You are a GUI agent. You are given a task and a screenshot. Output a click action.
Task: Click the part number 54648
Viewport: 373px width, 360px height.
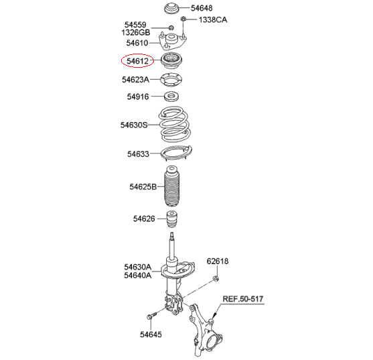click(202, 8)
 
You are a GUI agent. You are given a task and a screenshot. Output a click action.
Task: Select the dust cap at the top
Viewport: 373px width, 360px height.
click(171, 9)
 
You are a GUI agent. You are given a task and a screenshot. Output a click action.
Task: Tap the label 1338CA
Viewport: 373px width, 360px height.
click(213, 19)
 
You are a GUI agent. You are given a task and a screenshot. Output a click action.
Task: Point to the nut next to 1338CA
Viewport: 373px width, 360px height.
click(183, 18)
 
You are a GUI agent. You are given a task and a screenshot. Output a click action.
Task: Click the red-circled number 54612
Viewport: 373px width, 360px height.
click(137, 61)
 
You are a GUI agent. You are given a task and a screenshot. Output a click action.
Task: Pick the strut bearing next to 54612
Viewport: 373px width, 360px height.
click(171, 60)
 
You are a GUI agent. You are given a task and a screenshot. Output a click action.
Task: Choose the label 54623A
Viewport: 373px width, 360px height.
click(135, 79)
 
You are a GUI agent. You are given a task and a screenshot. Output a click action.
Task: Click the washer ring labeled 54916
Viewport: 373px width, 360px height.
click(171, 97)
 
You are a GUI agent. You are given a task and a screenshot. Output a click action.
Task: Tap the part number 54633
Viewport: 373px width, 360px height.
click(138, 154)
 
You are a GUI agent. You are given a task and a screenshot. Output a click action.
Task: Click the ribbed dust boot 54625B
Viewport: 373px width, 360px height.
click(171, 186)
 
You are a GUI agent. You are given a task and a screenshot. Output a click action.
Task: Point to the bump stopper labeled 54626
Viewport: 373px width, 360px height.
click(171, 219)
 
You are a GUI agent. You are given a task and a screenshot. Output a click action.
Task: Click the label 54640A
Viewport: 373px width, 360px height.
click(138, 276)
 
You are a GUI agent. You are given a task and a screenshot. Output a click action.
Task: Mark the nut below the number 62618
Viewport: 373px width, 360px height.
click(216, 278)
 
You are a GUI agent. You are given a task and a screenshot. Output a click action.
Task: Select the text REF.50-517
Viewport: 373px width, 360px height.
click(243, 299)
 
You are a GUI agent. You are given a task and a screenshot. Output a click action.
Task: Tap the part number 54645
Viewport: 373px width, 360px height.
click(151, 335)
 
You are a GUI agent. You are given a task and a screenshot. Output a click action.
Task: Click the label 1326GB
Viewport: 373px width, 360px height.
click(136, 32)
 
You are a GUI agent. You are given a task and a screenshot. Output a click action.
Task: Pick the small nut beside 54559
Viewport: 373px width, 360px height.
click(171, 27)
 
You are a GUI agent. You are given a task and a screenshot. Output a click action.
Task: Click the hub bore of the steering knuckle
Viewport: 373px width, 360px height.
click(213, 343)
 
